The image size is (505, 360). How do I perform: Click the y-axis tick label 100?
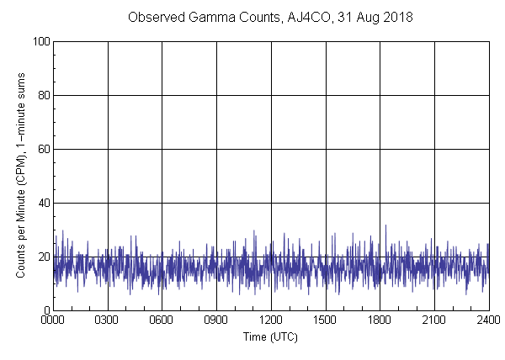[x=40, y=41]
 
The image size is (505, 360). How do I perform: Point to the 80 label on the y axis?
[x=43, y=95]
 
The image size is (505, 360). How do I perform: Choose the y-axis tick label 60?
[x=43, y=149]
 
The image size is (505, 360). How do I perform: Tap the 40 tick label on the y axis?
[x=43, y=203]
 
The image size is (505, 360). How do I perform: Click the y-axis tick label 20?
[x=43, y=257]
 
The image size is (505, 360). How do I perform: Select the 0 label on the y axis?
[x=46, y=310]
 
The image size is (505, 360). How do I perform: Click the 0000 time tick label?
[x=53, y=321]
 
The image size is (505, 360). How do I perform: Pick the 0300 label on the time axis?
[x=108, y=321]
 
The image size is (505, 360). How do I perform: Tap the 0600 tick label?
[x=162, y=321]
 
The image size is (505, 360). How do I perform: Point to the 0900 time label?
[x=216, y=321]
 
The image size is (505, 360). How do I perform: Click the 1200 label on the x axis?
[x=271, y=321]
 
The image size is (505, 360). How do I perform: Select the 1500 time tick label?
[x=326, y=321]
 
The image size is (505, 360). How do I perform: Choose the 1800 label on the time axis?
[x=380, y=321]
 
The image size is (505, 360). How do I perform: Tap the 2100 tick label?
[x=434, y=321]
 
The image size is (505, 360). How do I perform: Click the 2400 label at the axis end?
[x=488, y=321]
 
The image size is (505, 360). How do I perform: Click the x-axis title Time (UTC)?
[x=270, y=336]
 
